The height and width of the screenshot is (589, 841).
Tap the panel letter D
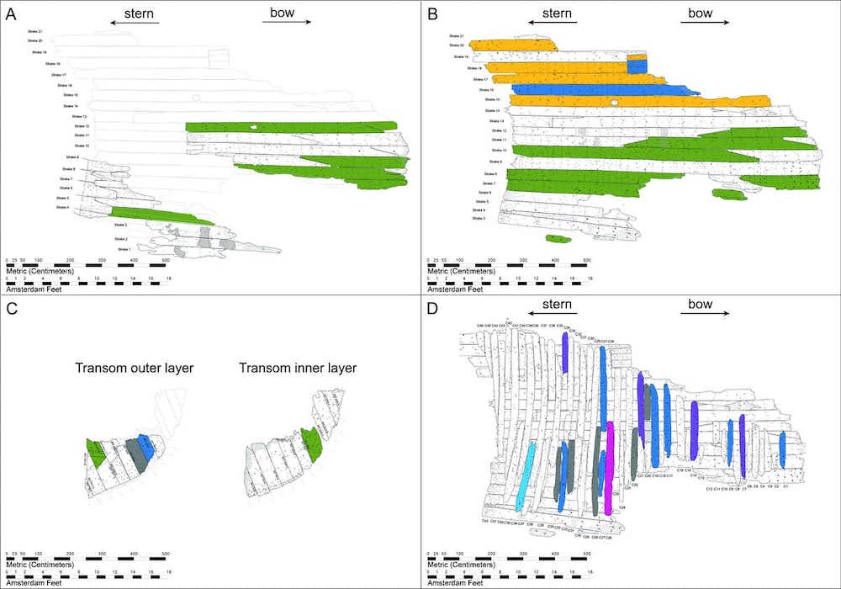tap(432, 308)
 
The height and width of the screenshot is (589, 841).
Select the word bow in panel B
tap(700, 13)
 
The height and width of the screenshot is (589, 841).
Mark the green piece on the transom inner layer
tap(308, 442)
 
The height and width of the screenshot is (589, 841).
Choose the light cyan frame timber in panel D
tap(527, 475)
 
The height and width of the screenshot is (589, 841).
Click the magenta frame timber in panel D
tap(609, 467)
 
